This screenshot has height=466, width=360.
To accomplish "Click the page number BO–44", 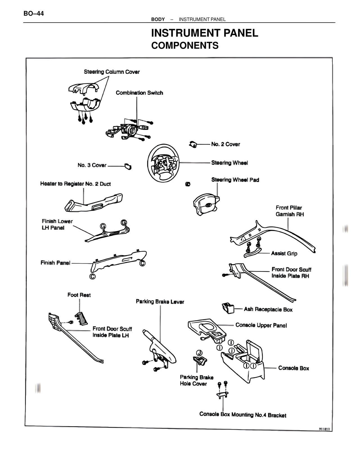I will click(34, 14).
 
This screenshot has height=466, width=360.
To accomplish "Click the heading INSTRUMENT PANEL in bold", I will click(204, 33).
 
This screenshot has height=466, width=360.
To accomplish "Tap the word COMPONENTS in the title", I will click(185, 46).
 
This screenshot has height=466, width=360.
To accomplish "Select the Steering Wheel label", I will click(229, 163).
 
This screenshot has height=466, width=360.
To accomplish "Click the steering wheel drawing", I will click(163, 163).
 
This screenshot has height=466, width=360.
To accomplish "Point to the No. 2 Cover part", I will click(193, 144).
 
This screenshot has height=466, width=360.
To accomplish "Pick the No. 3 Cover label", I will click(92, 165).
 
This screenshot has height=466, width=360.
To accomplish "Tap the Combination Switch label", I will click(139, 93).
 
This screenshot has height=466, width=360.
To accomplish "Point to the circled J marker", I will click(199, 353).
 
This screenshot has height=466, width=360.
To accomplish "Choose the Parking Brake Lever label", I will click(160, 302).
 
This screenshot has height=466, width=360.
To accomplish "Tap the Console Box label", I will click(293, 368).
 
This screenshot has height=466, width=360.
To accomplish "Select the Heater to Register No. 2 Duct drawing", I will click(93, 203).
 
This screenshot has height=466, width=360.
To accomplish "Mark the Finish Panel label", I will click(55, 263).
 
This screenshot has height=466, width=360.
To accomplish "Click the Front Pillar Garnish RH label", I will click(290, 211).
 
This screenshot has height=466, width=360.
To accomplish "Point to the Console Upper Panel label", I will click(261, 325).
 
